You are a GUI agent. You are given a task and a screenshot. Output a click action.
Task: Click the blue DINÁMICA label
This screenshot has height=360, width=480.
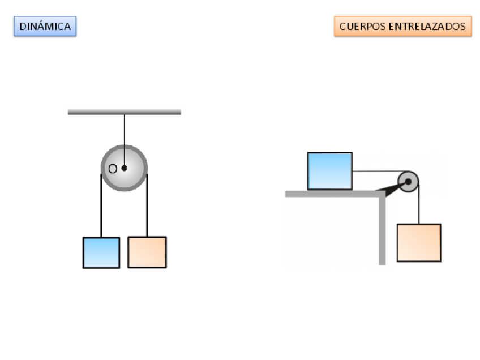(x=45, y=26)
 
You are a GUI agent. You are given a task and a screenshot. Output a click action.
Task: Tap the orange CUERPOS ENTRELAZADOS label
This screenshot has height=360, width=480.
(x=402, y=26)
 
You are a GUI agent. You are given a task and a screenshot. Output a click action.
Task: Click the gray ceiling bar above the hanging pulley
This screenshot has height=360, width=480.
(x=124, y=112)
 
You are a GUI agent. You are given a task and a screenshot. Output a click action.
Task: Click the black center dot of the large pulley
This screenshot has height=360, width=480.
(x=124, y=168)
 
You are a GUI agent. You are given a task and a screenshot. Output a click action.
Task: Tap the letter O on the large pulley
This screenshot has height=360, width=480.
(x=113, y=168)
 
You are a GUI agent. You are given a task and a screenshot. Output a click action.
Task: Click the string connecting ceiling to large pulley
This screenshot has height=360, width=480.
(x=124, y=130)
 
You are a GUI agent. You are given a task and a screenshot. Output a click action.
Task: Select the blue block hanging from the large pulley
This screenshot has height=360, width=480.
(x=101, y=252)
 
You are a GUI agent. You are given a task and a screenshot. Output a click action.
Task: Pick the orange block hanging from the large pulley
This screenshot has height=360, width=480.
(x=147, y=252)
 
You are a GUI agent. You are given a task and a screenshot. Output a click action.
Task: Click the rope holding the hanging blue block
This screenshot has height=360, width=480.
(x=101, y=209)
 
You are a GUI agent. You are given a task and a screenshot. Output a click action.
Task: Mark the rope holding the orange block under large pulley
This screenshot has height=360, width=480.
(x=147, y=209)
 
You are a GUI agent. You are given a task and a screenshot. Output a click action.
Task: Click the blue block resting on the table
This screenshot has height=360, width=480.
(x=330, y=171)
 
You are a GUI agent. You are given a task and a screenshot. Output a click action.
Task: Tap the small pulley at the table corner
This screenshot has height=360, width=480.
(x=408, y=182)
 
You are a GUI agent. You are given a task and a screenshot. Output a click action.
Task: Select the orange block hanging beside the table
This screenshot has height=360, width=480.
(x=419, y=243)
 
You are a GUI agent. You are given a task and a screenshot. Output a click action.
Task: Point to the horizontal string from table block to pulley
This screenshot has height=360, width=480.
(x=376, y=171)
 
